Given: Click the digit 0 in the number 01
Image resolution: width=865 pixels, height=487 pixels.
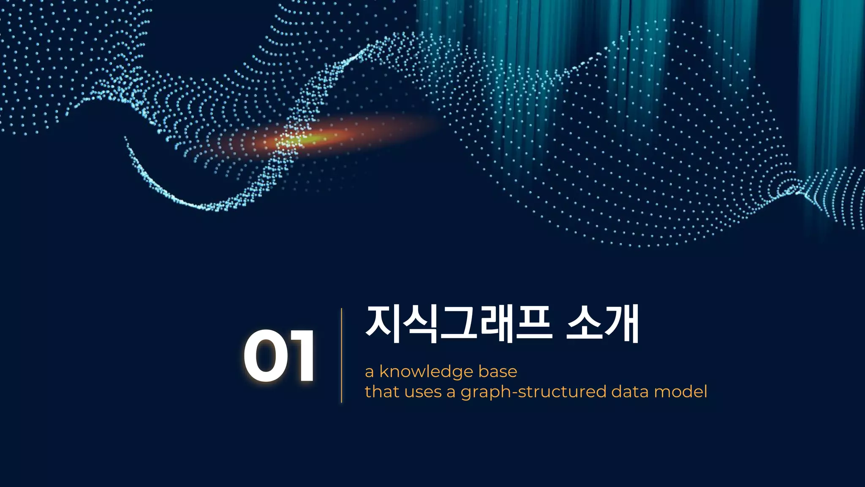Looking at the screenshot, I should pyautogui.click(x=264, y=356).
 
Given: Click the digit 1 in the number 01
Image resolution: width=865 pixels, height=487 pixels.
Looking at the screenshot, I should pyautogui.click(x=301, y=356).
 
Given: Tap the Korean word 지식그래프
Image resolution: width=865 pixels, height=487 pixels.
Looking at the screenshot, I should pyautogui.click(x=459, y=324).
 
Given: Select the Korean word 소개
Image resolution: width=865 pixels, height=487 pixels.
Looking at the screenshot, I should pyautogui.click(x=602, y=324).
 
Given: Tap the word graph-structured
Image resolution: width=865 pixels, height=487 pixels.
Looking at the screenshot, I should pyautogui.click(x=533, y=392).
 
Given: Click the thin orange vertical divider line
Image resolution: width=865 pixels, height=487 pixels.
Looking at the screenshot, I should pyautogui.click(x=341, y=355).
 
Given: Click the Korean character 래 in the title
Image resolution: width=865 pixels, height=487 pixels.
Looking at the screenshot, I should pyautogui.click(x=495, y=324).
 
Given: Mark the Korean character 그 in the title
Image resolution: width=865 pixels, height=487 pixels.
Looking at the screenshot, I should pyautogui.click(x=458, y=324).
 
